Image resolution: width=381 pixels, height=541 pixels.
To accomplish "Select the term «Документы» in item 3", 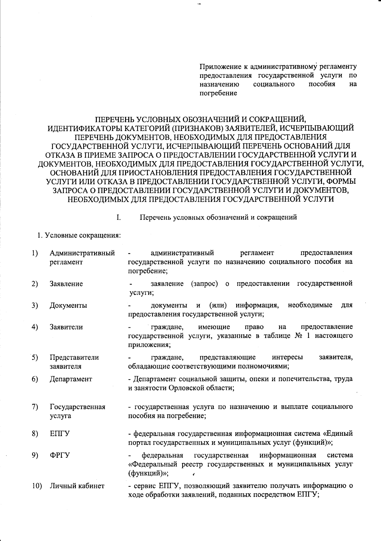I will [x=68, y=305].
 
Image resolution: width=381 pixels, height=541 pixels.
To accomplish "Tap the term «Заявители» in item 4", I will [x=66, y=327].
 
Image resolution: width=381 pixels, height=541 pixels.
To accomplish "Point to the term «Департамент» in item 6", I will [x=71, y=379].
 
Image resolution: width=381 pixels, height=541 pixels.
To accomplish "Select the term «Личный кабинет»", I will [x=77, y=486].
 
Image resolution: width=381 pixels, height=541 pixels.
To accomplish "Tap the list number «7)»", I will [x=35, y=407].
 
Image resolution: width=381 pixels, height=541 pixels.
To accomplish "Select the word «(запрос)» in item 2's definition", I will [x=205, y=284].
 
